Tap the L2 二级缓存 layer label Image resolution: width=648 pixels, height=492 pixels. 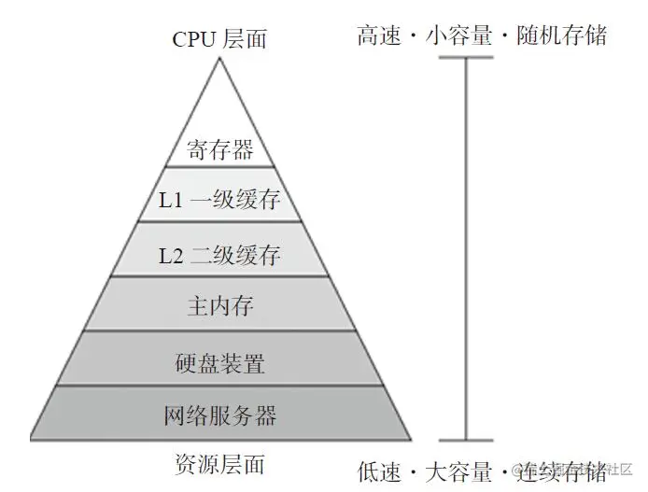(x=220, y=254)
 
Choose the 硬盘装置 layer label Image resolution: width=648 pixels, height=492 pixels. (x=220, y=361)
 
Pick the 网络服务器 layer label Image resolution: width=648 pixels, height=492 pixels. (x=220, y=414)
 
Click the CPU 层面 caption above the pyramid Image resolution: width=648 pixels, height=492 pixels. (x=220, y=38)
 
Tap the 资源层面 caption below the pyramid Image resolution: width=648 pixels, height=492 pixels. (x=220, y=464)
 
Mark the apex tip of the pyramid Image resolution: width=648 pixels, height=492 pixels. (x=220, y=58)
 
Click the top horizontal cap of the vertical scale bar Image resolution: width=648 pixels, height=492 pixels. (x=465, y=58)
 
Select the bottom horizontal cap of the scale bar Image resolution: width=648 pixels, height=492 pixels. (x=465, y=440)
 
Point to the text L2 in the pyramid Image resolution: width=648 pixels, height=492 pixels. (x=171, y=255)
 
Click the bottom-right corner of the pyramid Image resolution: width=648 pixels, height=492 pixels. (x=411, y=439)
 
